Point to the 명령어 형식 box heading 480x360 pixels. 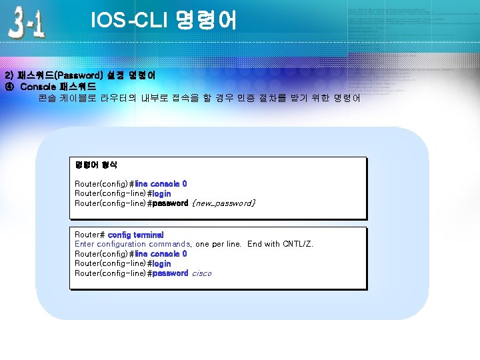[x=96, y=163]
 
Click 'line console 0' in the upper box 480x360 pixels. [x=161, y=183]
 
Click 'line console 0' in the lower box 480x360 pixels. [x=161, y=253]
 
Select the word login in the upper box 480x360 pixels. [x=162, y=193]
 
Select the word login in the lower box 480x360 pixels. [x=162, y=263]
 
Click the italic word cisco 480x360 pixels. [x=201, y=273]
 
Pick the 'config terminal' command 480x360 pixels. [x=135, y=235]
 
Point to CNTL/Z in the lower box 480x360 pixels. [x=298, y=244]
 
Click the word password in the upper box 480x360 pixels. [x=170, y=203]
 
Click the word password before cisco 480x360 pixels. [x=170, y=273]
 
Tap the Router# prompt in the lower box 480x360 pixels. [x=89, y=235]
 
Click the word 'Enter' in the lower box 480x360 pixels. [x=85, y=244]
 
